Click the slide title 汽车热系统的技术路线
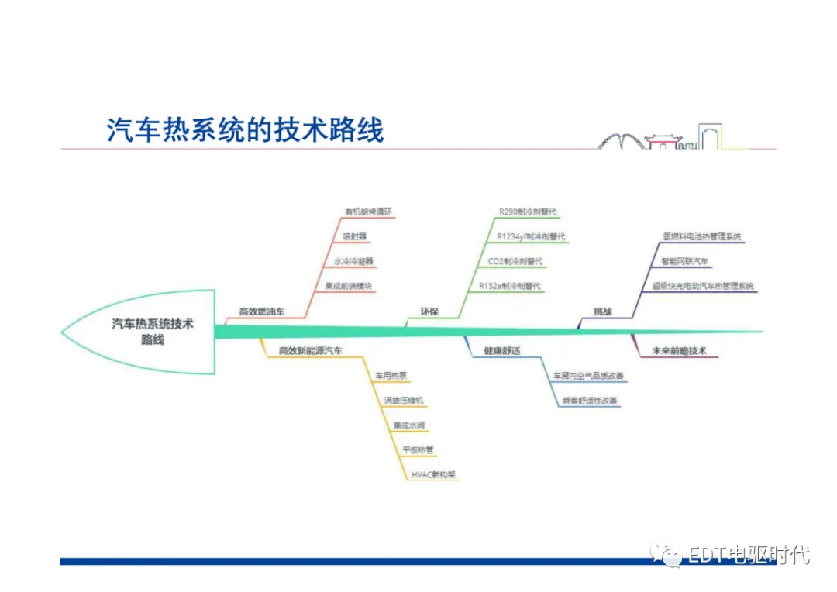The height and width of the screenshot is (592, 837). tap(245, 129)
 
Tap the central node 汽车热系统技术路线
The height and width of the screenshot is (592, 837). tap(153, 331)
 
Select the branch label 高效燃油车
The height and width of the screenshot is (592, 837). tap(261, 311)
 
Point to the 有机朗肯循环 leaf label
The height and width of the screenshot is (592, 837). tap(368, 211)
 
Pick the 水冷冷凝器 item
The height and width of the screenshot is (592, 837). tap(353, 261)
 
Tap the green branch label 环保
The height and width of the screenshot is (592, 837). tap(429, 311)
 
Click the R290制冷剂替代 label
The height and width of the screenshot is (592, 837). tap(527, 211)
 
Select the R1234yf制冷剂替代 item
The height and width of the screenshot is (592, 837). tap(531, 236)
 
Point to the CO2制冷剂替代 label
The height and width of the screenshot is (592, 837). tap(515, 261)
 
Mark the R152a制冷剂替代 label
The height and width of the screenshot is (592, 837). tap(510, 286)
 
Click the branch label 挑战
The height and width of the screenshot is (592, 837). tap(602, 311)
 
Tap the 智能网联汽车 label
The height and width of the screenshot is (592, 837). tap(684, 261)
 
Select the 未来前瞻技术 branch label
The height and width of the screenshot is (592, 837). tap(679, 350)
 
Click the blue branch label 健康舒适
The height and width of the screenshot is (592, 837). tap(501, 350)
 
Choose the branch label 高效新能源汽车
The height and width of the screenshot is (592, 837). tap(310, 350)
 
